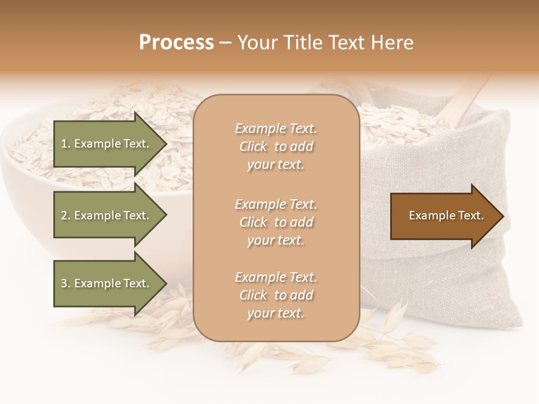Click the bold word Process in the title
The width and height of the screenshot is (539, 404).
[x=176, y=43]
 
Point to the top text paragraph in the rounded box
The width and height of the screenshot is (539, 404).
[x=276, y=146]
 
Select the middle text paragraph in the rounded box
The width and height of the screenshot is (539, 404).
[x=276, y=222]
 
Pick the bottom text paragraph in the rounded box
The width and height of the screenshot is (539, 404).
[x=276, y=295]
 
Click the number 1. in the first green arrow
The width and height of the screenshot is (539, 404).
[x=66, y=144]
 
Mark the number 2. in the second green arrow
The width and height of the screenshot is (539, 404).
[x=66, y=215]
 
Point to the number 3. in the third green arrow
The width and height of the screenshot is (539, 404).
[x=66, y=283]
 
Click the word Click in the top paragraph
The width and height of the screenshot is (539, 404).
[x=253, y=146]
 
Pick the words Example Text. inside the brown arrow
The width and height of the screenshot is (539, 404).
[x=446, y=215]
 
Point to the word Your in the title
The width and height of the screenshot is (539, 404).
[x=257, y=43]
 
